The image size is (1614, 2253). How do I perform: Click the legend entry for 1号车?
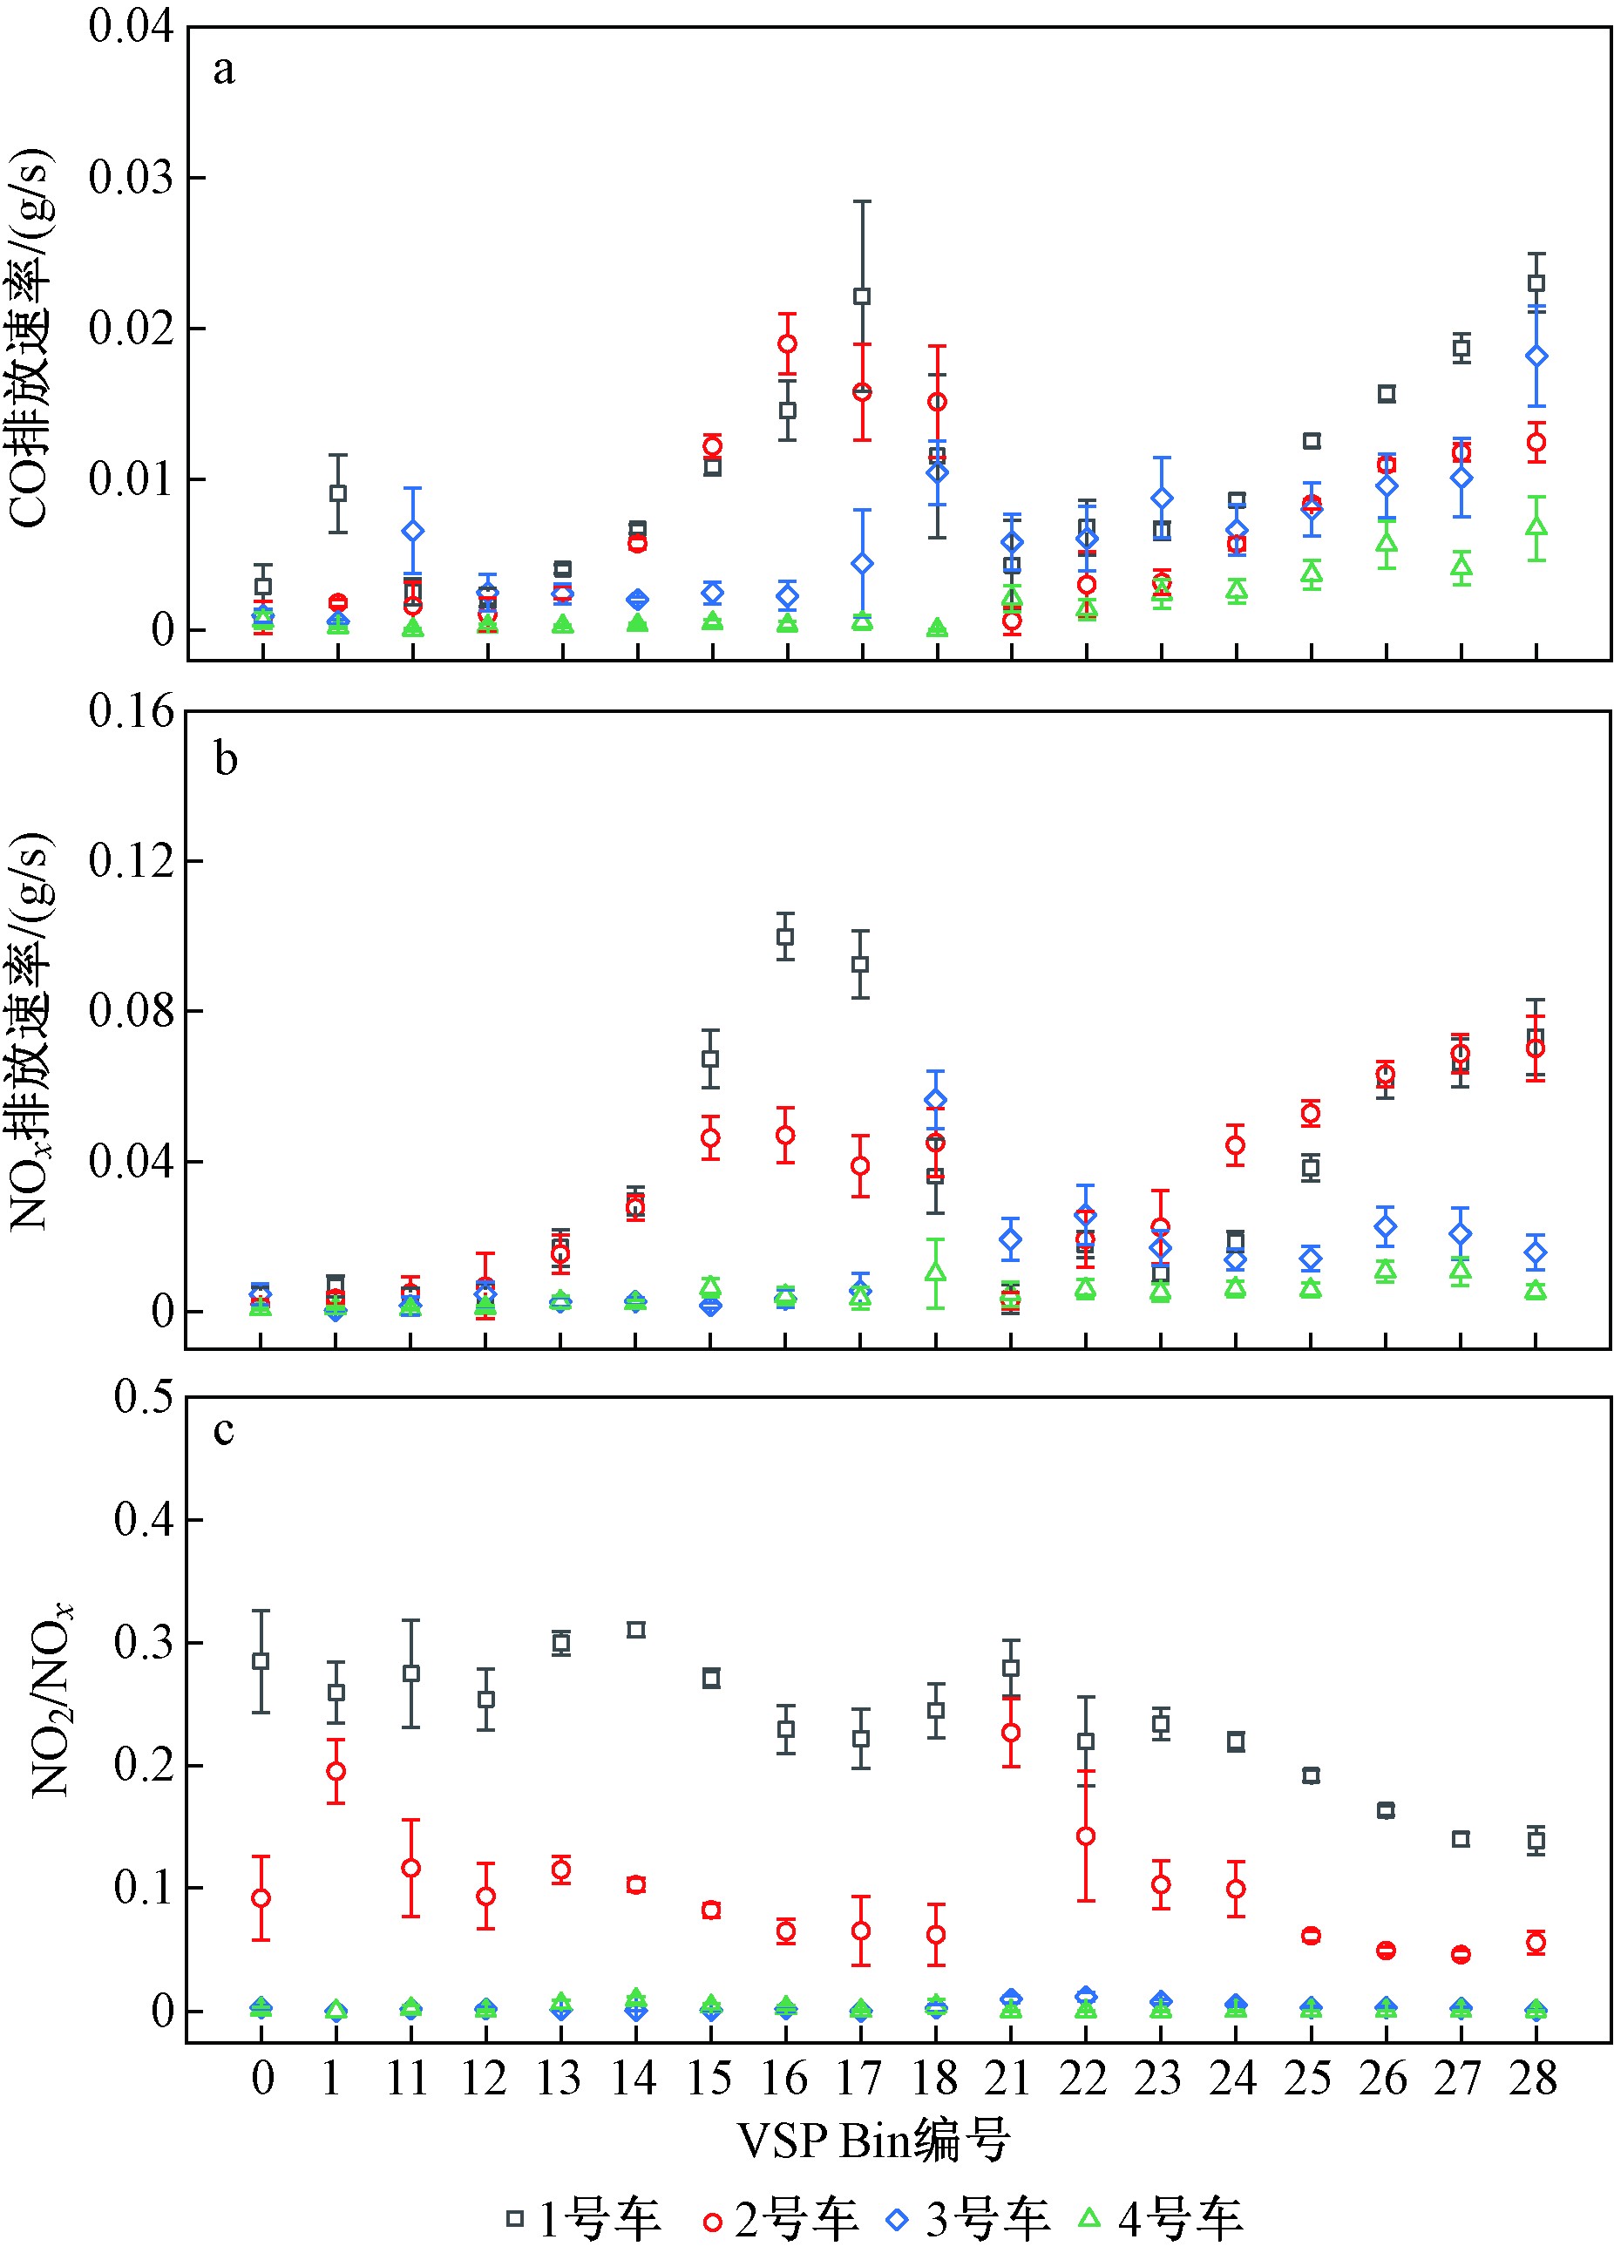coord(583,2218)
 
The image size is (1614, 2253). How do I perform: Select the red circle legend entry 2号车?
coord(781,2218)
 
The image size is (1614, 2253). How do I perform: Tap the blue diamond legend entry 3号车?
coord(973,2218)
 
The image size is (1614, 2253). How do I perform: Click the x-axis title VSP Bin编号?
coord(873,2139)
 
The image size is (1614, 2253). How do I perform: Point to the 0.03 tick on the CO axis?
coord(130,178)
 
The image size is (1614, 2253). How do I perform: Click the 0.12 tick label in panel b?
coord(130,859)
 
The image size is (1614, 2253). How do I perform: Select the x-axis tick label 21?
coord(1009,2077)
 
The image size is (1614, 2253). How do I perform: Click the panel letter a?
coord(225,71)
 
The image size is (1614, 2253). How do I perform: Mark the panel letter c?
coord(225,1431)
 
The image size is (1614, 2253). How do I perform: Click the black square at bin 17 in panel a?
coord(862,296)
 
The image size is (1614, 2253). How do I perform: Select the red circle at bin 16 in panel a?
coord(788,343)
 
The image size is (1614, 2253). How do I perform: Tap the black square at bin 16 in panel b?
coord(785,936)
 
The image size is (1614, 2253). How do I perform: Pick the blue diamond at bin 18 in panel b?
coord(936,1100)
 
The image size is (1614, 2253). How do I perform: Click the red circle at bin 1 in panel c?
coord(336,1771)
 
